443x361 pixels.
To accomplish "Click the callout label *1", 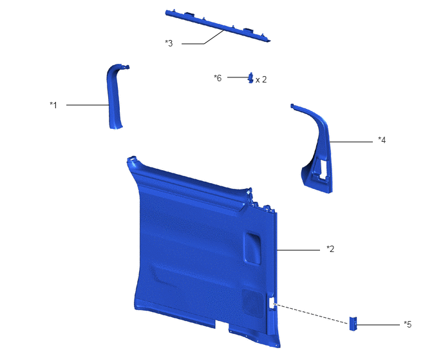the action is tap(53, 105).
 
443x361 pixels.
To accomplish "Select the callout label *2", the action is tap(330, 249).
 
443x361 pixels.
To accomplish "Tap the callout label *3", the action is tap(169, 43).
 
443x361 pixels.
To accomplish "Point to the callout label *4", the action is tap(382, 140).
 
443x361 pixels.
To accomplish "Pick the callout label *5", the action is tap(408, 324).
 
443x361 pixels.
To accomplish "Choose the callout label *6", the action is tap(218, 78).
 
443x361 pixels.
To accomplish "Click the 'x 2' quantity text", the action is tap(261, 80).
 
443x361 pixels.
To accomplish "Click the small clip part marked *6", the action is tap(250, 78).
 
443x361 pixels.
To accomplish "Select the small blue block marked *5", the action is tap(353, 324).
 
